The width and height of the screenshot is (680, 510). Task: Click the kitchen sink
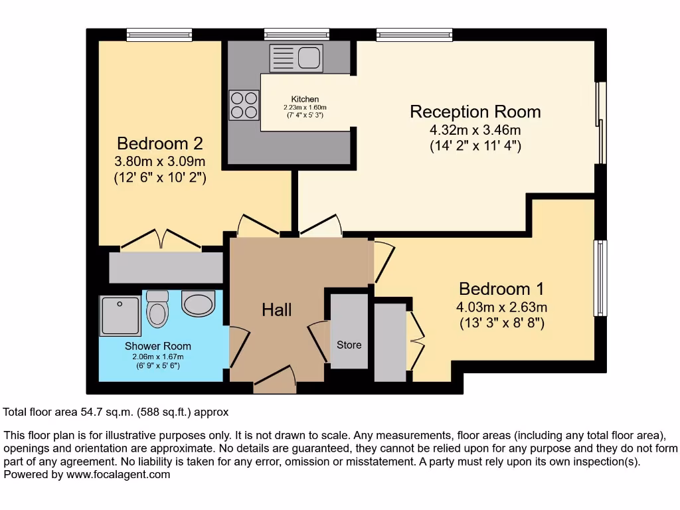[297, 58]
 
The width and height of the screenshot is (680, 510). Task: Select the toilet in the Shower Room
[157, 309]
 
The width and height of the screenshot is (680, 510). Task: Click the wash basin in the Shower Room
[198, 303]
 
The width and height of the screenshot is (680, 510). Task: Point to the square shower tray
[121, 315]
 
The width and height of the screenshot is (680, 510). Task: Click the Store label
[349, 345]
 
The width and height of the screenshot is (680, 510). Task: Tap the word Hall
[277, 309]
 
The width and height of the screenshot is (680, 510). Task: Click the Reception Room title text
[475, 112]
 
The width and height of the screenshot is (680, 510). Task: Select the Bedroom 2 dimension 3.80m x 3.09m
[159, 161]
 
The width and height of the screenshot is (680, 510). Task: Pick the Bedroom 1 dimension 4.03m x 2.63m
[502, 307]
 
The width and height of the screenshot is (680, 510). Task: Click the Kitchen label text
[305, 100]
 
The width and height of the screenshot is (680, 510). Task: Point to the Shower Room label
[158, 346]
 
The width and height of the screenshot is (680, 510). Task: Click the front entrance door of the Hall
[275, 380]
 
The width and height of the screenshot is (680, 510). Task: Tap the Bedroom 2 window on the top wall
[159, 35]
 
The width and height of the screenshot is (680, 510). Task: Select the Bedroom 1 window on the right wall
[600, 278]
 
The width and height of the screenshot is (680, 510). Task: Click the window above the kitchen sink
[297, 35]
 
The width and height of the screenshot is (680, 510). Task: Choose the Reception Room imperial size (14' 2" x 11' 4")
[475, 145]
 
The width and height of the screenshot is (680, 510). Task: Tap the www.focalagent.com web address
[118, 474]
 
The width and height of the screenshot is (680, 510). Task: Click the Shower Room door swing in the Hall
[238, 347]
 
